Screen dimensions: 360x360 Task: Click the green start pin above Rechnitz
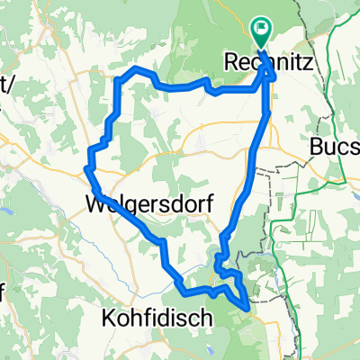(262, 33)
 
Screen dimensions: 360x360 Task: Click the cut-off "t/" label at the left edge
(7, 84)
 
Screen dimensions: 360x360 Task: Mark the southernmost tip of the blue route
(247, 308)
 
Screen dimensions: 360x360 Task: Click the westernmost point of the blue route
(86, 167)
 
